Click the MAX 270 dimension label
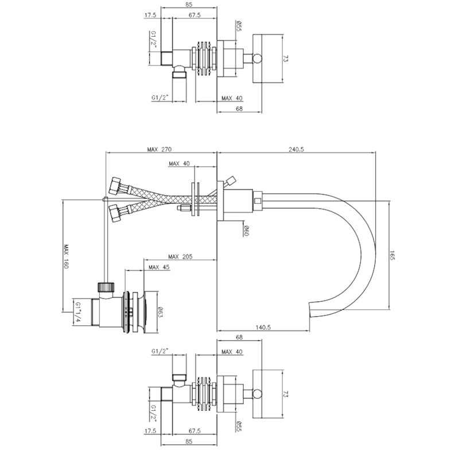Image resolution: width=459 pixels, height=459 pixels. [x=160, y=149]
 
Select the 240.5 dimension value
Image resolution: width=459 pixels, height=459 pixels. [x=296, y=149]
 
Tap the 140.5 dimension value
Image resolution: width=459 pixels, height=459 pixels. [x=263, y=327]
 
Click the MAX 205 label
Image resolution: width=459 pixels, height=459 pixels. [x=180, y=256]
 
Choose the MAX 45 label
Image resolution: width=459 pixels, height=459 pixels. [x=159, y=267]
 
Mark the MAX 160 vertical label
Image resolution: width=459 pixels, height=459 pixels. [x=66, y=256]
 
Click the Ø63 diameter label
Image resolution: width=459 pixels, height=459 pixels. [x=161, y=312]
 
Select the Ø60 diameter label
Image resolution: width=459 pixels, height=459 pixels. [x=247, y=231]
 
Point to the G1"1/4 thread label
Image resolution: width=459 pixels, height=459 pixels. [x=78, y=312]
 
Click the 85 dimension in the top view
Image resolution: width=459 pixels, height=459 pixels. [x=189, y=5]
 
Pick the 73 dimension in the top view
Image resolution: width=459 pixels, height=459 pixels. [x=286, y=59]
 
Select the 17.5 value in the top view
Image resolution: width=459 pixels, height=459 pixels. [x=150, y=15]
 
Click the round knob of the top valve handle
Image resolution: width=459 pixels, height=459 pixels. [x=258, y=59]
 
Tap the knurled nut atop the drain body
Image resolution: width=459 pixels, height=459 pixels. [x=105, y=286]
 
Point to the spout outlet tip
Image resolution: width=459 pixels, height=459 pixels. [x=310, y=310]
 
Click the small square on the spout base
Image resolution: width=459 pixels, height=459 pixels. [x=258, y=201]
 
